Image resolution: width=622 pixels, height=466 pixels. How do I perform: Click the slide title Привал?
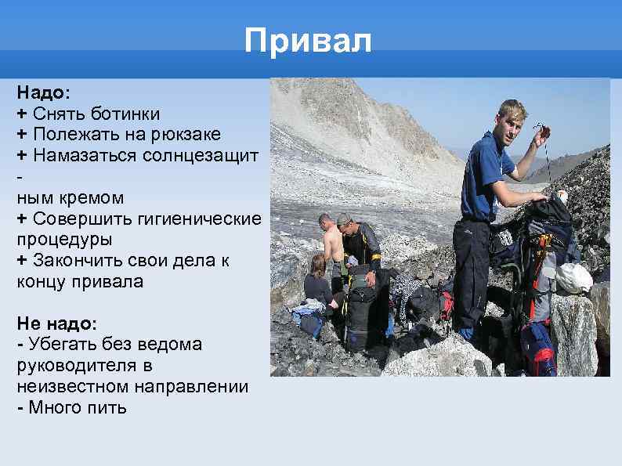click(308, 40)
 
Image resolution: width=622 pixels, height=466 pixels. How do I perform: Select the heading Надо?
click(43, 93)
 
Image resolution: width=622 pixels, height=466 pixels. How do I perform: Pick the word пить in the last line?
click(108, 408)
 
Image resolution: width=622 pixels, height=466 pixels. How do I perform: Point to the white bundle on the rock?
click(575, 277)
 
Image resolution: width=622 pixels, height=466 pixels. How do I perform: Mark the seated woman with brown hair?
click(317, 282)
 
